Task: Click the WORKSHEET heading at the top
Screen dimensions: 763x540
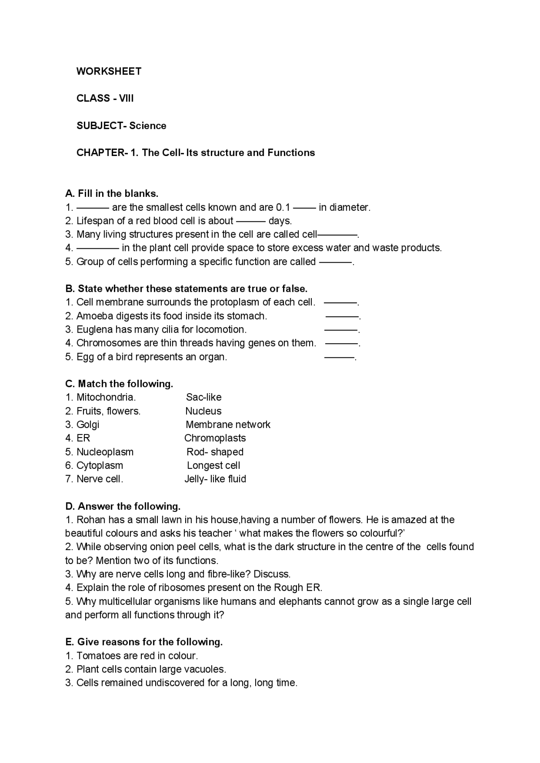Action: pyautogui.click(x=109, y=71)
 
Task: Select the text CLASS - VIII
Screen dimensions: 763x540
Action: pyautogui.click(x=105, y=98)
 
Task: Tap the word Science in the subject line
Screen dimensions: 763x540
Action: pyautogui.click(x=148, y=126)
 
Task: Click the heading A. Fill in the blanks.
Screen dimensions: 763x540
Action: pyautogui.click(x=112, y=193)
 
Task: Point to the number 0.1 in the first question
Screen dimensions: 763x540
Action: pyautogui.click(x=283, y=207)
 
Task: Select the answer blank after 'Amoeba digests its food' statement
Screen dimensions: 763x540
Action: pyautogui.click(x=342, y=316)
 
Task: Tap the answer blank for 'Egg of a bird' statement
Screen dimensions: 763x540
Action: pyautogui.click(x=339, y=357)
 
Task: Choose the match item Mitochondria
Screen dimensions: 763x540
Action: pyautogui.click(x=105, y=397)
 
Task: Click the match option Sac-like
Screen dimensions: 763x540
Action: pyautogui.click(x=203, y=397)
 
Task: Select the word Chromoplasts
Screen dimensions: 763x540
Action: pyautogui.click(x=215, y=438)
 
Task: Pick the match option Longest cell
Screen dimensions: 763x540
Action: pyautogui.click(x=213, y=465)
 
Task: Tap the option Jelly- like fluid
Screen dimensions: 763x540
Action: pyautogui.click(x=215, y=479)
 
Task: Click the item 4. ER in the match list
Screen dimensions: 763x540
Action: pyautogui.click(x=78, y=438)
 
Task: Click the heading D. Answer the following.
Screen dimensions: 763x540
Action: pyautogui.click(x=123, y=506)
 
